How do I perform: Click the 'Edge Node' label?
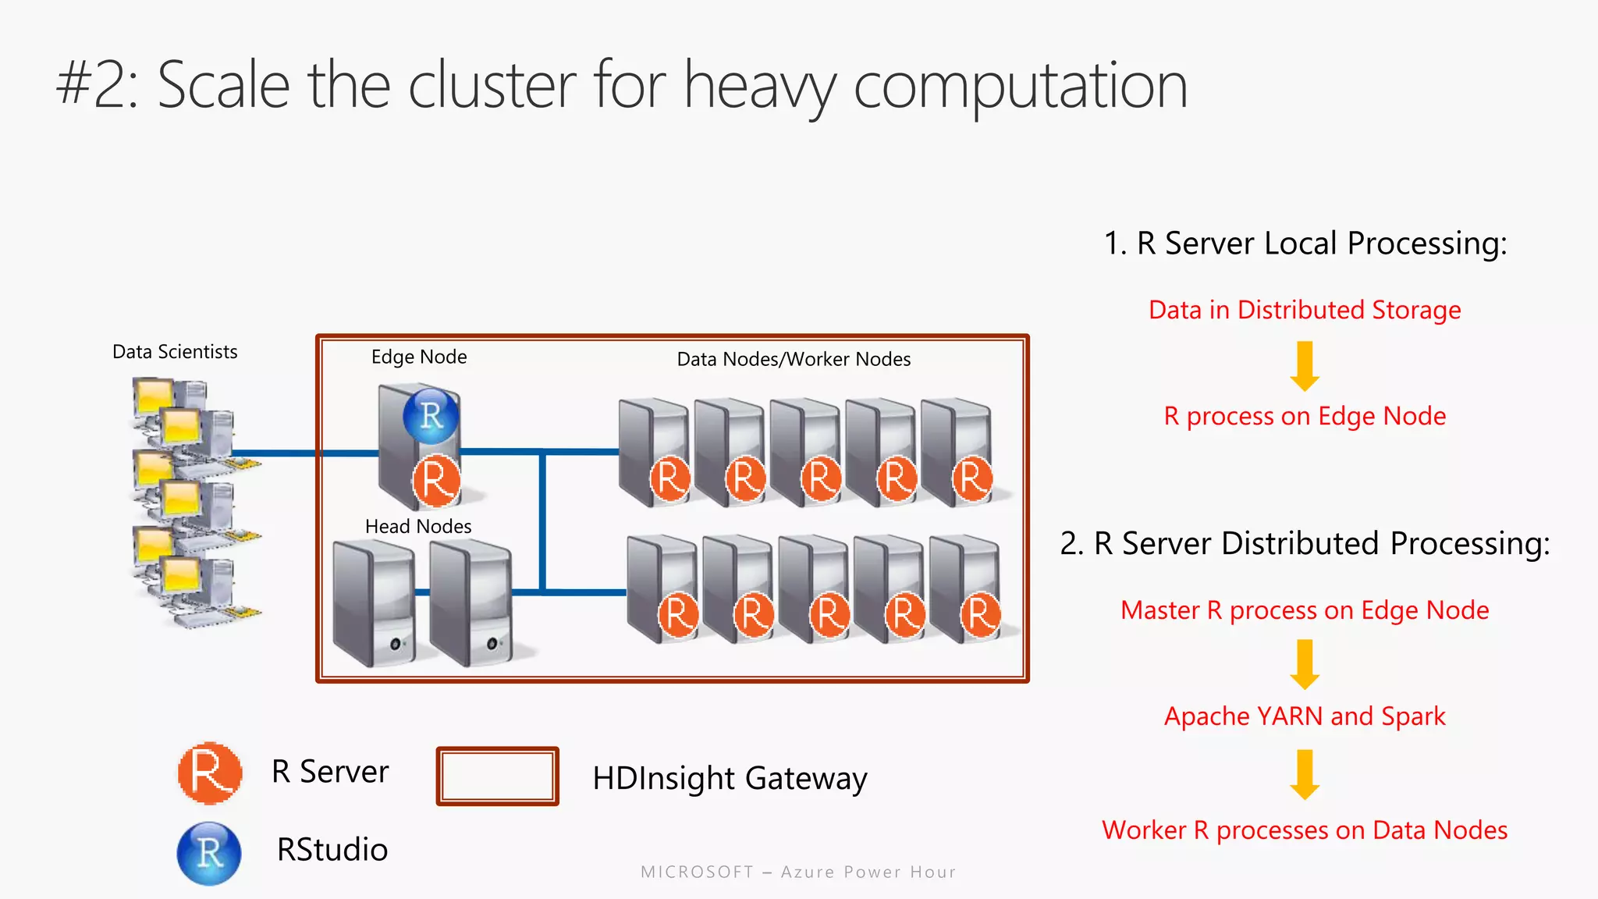tap(419, 357)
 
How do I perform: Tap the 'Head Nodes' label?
tap(418, 527)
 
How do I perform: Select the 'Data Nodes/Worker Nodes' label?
tap(794, 359)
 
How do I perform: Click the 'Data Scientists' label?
tap(175, 352)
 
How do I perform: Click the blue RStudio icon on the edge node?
tap(431, 416)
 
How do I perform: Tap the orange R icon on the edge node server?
tap(435, 479)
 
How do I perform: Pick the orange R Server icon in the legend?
tap(209, 773)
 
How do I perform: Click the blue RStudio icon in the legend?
tap(209, 853)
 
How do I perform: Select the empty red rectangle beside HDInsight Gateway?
tap(497, 776)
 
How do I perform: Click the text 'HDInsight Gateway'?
tap(730, 778)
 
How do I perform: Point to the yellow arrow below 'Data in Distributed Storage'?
tap(1305, 365)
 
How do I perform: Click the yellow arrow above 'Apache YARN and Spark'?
tap(1305, 664)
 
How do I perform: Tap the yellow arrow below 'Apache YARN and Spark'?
tap(1305, 774)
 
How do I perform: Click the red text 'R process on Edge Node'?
tap(1305, 416)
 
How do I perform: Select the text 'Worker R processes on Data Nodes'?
tap(1305, 830)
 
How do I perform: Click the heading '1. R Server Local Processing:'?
tap(1305, 243)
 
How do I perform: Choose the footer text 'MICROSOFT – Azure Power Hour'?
tap(798, 872)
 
